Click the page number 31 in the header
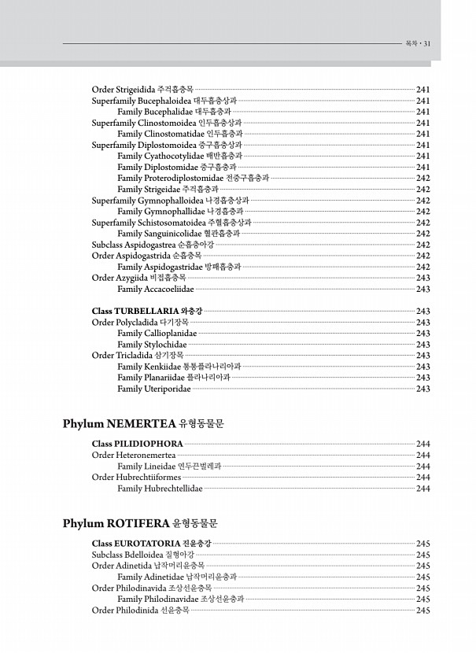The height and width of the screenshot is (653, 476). [426, 43]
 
